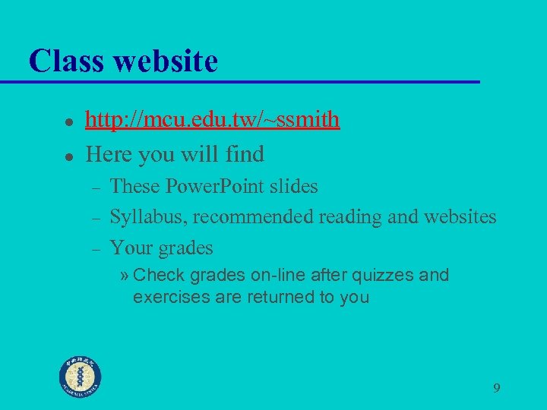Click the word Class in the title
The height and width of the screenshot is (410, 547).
tap(66, 60)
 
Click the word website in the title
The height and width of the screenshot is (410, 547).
tap(165, 60)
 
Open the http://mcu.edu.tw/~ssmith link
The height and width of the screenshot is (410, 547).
tap(212, 120)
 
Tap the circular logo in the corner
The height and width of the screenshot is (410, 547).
tap(81, 377)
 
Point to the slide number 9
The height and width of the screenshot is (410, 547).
tap(496, 389)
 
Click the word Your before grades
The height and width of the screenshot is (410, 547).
tap(132, 248)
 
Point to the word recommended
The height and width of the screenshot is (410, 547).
tap(253, 217)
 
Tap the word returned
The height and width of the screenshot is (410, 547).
tap(265, 297)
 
